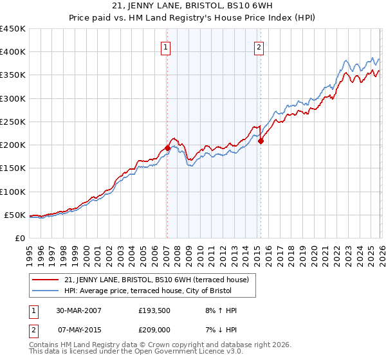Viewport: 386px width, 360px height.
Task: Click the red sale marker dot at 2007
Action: click(167, 148)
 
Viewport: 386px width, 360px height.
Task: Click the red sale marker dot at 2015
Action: click(261, 141)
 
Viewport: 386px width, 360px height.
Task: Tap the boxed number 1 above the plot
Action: click(166, 46)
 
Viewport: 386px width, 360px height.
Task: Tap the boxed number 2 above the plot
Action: click(259, 46)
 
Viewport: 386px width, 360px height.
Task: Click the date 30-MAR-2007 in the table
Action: click(79, 310)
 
